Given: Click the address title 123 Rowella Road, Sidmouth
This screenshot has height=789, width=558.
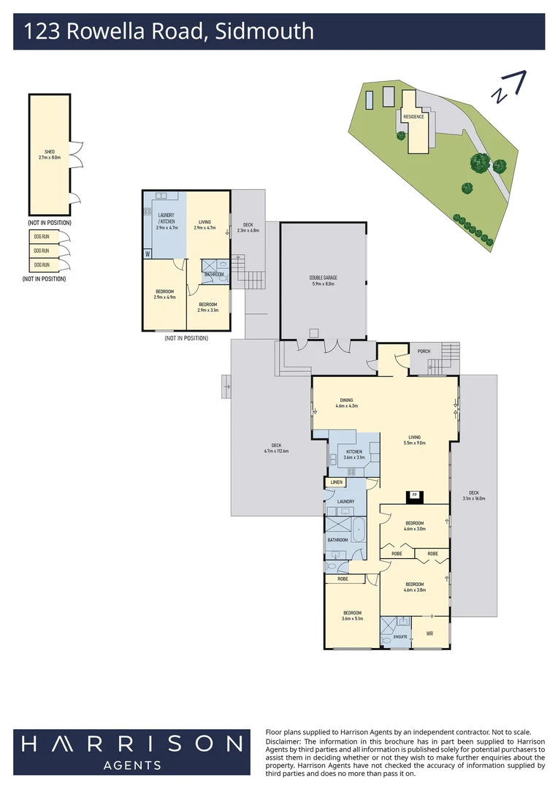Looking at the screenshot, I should pos(169,31).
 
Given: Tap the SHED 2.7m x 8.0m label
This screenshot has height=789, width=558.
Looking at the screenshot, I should pos(50,154).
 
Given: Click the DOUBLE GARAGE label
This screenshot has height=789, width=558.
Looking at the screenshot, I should pos(324,281).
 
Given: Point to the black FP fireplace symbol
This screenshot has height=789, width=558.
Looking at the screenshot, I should pos(415,495).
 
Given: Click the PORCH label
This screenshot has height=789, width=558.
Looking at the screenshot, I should pos(424,351).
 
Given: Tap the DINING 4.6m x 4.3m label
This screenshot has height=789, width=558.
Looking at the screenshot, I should pos(346,403).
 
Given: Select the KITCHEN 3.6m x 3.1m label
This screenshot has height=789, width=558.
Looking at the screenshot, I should pos(353,454).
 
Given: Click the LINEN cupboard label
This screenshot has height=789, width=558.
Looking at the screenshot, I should pos(336,483).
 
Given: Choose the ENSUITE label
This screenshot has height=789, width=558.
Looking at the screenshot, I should pos(400,636).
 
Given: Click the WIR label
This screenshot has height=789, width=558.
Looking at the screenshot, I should pos(429,633).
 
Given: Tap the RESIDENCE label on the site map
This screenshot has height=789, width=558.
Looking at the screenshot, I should pos(413,117).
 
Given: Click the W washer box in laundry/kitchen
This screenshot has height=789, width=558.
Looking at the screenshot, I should pos(148,254).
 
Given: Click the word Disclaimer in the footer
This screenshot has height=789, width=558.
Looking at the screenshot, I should pos(283,741).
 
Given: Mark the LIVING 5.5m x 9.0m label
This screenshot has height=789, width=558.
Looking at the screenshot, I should pos(415,441).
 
